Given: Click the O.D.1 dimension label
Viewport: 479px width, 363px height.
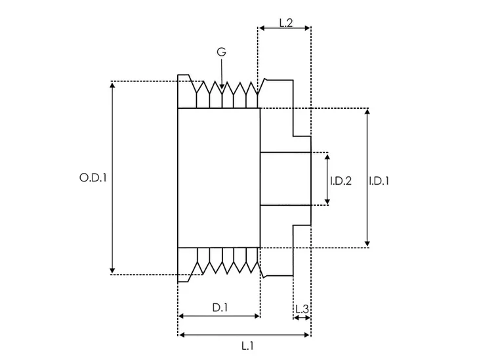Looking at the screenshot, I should (x=93, y=178).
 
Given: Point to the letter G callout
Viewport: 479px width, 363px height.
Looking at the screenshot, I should (x=222, y=51).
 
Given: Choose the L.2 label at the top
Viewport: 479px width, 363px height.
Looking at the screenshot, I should (x=285, y=23).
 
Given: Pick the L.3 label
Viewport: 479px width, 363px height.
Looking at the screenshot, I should (x=301, y=308).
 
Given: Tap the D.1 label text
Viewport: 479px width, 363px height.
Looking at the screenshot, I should (x=219, y=307).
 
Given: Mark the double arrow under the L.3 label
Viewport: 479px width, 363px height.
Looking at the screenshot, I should (x=302, y=318).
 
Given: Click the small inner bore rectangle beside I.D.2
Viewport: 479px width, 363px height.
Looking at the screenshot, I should (x=285, y=179).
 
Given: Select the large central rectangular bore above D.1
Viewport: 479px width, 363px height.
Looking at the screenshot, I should (x=219, y=178).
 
